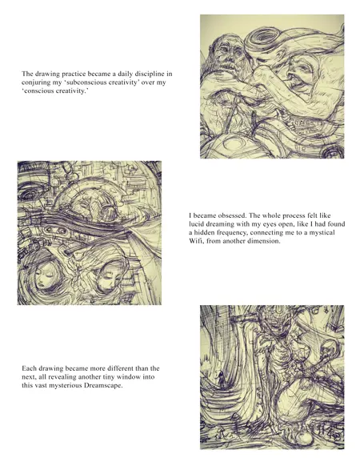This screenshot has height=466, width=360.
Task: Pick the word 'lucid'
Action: pyautogui.click(x=196, y=223)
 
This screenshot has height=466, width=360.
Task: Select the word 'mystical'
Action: pyautogui.click(x=322, y=232)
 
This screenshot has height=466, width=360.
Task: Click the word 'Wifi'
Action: pyautogui.click(x=196, y=241)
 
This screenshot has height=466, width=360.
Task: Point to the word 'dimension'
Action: pyautogui.click(x=266, y=241)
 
